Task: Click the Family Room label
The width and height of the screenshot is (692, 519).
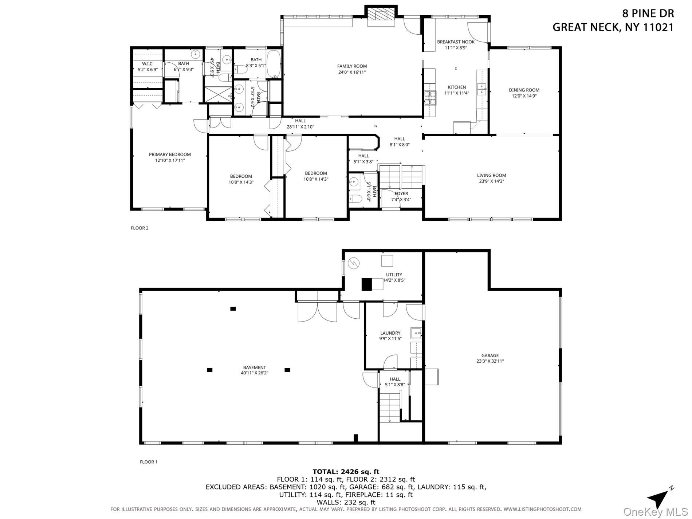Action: [352, 66]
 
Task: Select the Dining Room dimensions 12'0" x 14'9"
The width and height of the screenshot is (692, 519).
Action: [524, 96]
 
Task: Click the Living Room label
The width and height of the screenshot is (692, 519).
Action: [491, 175]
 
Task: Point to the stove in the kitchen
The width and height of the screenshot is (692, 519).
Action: [430, 97]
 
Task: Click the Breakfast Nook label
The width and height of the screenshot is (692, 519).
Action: [456, 42]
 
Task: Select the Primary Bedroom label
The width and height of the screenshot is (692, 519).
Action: [170, 154]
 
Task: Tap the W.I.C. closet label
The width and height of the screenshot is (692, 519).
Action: [148, 64]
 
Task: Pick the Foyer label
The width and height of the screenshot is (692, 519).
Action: [401, 193]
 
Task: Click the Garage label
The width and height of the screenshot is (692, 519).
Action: [490, 355]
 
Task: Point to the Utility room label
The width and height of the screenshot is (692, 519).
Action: [394, 275]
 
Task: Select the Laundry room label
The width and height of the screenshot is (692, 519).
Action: [390, 333]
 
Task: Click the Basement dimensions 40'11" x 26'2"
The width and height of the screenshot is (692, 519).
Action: [255, 373]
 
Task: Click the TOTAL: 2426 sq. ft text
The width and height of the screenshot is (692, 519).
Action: [346, 472]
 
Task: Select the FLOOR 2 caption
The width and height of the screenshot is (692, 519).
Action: [139, 228]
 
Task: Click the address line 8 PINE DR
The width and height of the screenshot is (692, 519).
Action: [648, 13]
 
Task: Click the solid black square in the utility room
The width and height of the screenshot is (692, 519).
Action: [367, 284]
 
